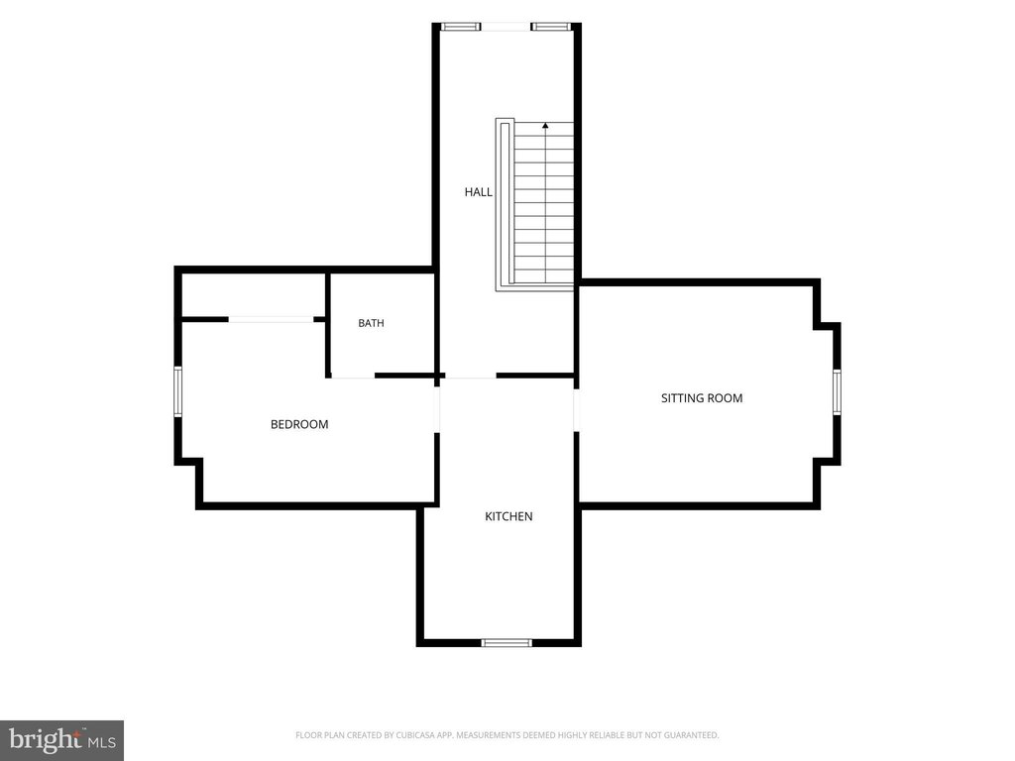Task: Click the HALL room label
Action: (479, 192)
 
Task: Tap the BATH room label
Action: (371, 323)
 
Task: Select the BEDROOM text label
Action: (299, 424)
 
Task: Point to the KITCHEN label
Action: (508, 516)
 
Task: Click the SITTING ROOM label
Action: (702, 398)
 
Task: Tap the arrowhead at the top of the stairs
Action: (545, 126)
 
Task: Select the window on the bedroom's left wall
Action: (178, 391)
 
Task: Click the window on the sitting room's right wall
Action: (837, 391)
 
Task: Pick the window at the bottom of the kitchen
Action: (507, 642)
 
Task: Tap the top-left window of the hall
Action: (461, 27)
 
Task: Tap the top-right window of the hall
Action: (551, 27)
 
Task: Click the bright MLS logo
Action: (62, 740)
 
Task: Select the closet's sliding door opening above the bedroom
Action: (271, 319)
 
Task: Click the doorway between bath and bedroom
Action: (353, 376)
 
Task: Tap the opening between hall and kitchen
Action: (471, 376)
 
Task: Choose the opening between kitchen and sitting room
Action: (576, 410)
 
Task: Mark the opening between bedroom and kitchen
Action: (437, 410)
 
